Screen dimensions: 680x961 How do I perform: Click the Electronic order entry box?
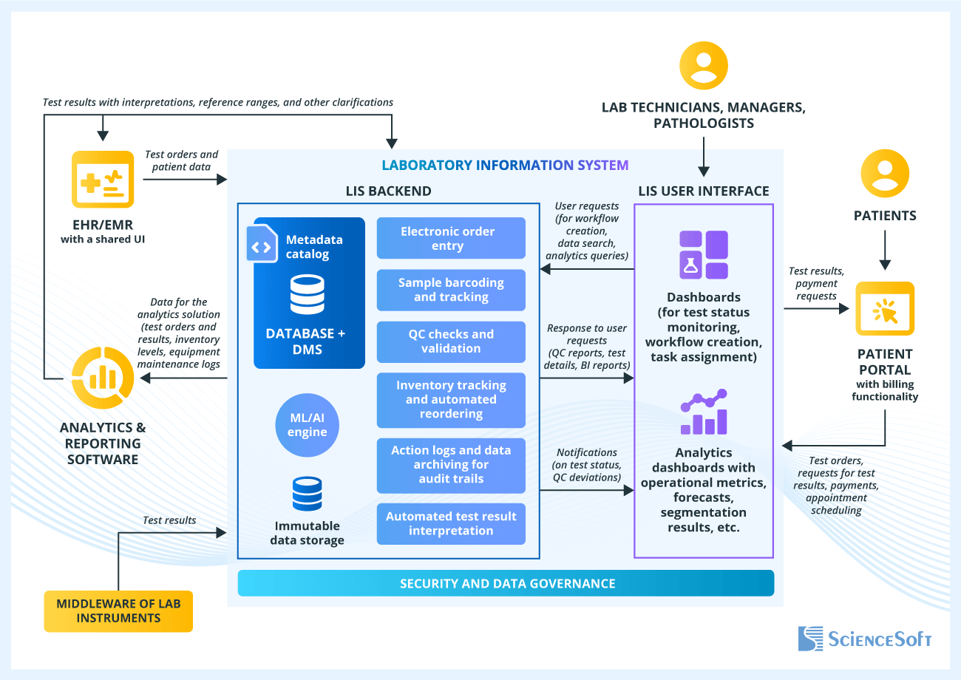(451, 238)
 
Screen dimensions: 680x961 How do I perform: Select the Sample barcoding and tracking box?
(451, 290)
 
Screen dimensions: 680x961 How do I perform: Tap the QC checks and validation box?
(451, 341)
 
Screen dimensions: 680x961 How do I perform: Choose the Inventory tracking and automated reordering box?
(451, 400)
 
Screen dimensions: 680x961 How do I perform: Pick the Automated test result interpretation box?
(451, 523)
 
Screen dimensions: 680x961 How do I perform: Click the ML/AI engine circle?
(308, 425)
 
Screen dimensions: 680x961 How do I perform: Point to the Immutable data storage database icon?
(308, 494)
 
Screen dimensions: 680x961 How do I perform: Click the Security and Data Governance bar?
(506, 583)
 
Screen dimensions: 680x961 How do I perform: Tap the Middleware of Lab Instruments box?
(118, 611)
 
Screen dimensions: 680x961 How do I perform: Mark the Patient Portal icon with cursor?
(885, 309)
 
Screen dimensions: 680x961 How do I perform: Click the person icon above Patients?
(885, 174)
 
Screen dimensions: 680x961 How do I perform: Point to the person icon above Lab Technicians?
(704, 66)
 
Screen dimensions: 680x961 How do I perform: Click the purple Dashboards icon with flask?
(704, 254)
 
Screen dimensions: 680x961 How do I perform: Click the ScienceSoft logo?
(865, 639)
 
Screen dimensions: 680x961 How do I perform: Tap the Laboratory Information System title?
(506, 166)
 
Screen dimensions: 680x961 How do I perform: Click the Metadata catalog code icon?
(262, 246)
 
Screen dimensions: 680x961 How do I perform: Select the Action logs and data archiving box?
(451, 464)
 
